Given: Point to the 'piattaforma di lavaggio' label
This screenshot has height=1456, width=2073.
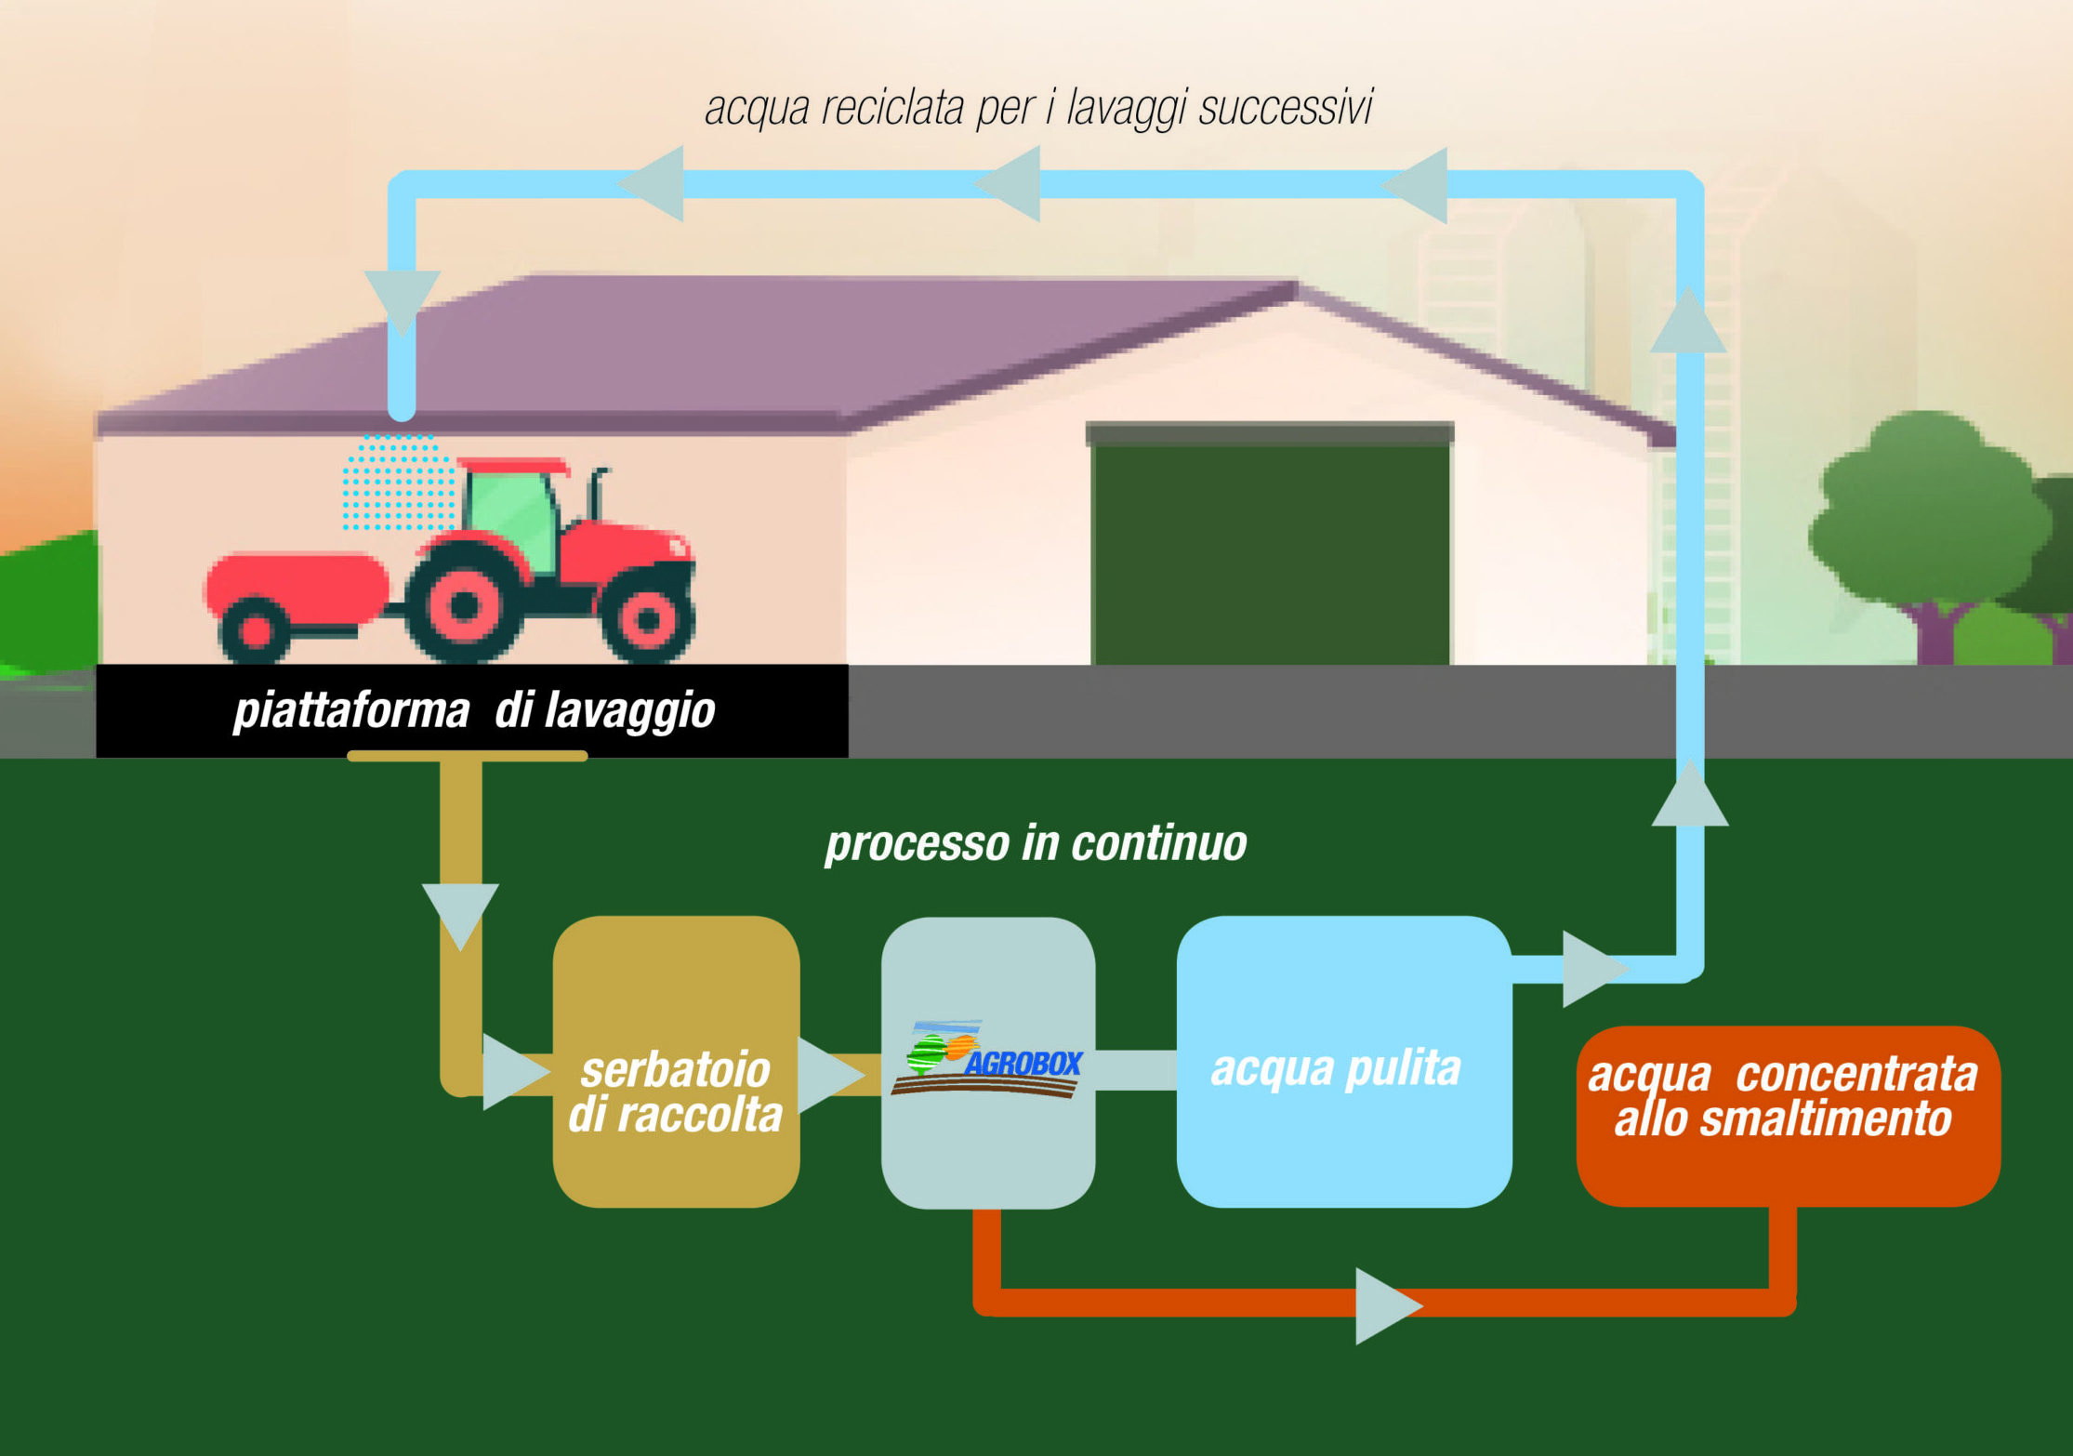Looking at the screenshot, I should (473, 710).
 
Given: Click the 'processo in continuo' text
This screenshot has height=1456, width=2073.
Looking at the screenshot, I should (1036, 843).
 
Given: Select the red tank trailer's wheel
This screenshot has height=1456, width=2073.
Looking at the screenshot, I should (253, 630).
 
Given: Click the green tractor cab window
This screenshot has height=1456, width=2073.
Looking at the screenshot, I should (509, 516).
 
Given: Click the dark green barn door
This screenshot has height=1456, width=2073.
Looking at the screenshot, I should (1271, 553).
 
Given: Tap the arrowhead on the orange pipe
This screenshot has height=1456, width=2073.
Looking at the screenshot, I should (1384, 1305).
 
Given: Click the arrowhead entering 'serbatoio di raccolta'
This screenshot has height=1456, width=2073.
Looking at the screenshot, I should (511, 1072).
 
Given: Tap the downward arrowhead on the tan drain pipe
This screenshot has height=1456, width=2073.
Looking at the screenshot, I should (460, 911).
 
